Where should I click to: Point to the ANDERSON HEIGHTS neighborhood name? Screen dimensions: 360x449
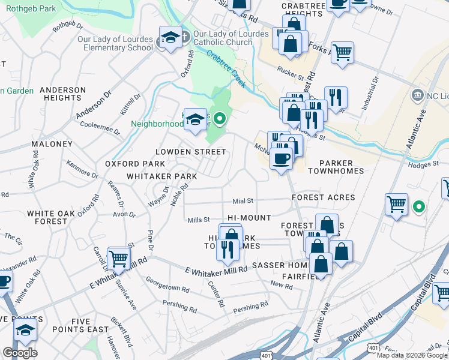click(x=63, y=94)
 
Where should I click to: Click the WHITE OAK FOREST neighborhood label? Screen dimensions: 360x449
click(x=51, y=217)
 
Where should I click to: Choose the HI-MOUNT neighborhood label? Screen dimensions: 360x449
click(x=249, y=217)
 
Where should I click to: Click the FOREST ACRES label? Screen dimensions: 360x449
click(x=324, y=197)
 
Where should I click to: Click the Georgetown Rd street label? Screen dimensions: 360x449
click(x=167, y=284)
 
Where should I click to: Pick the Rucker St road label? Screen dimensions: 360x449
click(x=292, y=74)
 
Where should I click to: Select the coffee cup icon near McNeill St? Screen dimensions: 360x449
click(x=281, y=158)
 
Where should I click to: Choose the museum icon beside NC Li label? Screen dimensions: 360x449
click(x=417, y=95)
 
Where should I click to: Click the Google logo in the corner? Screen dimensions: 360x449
click(x=20, y=353)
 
